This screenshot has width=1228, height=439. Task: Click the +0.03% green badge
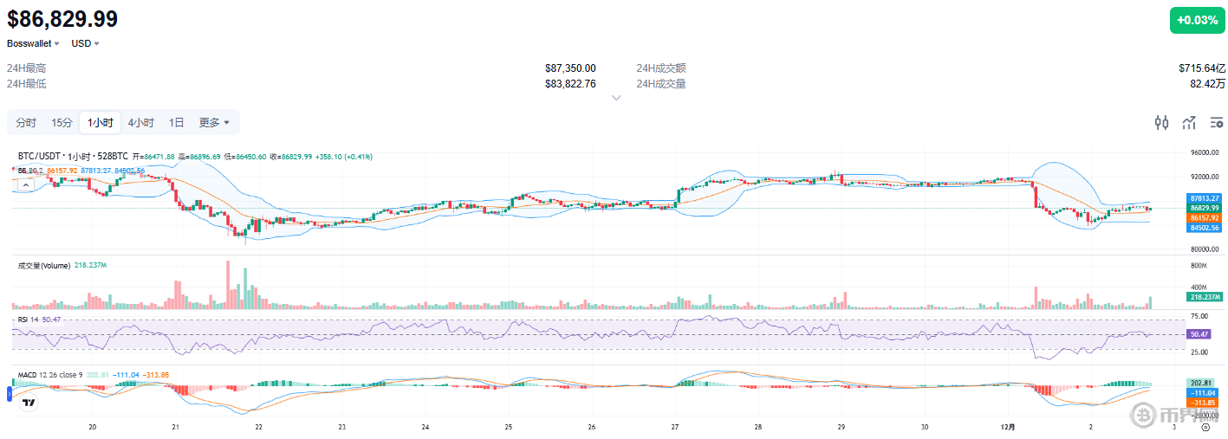(x=1198, y=20)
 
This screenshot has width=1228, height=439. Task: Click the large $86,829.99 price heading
(x=62, y=19)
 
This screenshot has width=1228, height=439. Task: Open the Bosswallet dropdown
(x=33, y=43)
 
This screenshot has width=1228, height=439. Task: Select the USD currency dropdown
(x=85, y=43)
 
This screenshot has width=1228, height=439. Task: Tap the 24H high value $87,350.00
(x=570, y=68)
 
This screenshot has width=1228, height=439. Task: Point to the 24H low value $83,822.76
(x=570, y=84)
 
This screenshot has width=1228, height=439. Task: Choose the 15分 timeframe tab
(x=62, y=123)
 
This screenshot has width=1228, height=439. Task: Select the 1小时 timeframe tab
(x=100, y=123)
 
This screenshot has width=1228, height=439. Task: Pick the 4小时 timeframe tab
(x=140, y=123)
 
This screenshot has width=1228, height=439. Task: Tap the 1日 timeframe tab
(x=176, y=123)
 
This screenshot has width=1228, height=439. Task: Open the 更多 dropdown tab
(x=214, y=123)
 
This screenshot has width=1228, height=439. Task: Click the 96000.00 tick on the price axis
(x=1203, y=153)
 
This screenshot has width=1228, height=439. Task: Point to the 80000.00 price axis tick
(x=1203, y=249)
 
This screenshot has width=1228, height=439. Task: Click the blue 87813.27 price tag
(x=1204, y=198)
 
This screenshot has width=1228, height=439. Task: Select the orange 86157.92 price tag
(x=1204, y=218)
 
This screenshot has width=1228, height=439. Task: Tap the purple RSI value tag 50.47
(x=1200, y=334)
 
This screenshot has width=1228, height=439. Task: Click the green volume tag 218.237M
(x=1204, y=297)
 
